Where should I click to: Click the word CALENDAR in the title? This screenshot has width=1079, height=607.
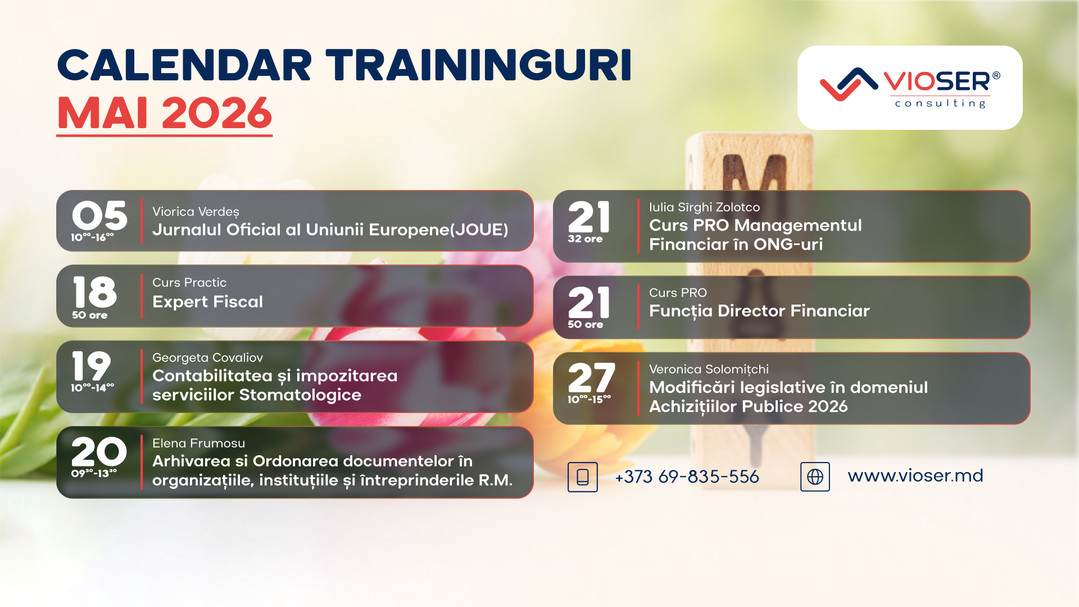[x=184, y=66]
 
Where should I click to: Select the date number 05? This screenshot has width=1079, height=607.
[x=99, y=215]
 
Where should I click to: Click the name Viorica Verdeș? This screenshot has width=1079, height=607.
[x=196, y=212]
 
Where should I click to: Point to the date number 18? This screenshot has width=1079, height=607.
[x=94, y=292]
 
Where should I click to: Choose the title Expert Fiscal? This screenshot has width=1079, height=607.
[x=207, y=302]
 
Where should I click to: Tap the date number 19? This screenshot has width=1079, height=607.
[x=92, y=366]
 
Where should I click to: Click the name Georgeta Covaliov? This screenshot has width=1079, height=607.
[x=207, y=357]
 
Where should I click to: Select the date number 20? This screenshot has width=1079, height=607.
[x=99, y=452]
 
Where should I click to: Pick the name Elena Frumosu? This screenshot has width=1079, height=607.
[x=198, y=443]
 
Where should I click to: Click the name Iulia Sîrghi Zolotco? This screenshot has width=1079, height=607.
[x=704, y=207]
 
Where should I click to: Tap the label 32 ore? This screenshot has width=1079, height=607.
[x=585, y=239]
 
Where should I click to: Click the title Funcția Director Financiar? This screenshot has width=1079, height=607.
[x=759, y=311]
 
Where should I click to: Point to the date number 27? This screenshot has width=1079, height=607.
[x=591, y=378]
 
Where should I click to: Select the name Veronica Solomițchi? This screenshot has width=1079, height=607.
[x=709, y=369]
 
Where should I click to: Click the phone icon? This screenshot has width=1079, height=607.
[x=583, y=477]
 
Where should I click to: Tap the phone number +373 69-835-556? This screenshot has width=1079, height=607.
[x=687, y=477]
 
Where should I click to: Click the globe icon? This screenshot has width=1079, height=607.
[x=815, y=477]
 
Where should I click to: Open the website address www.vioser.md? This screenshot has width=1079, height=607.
[x=915, y=475]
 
